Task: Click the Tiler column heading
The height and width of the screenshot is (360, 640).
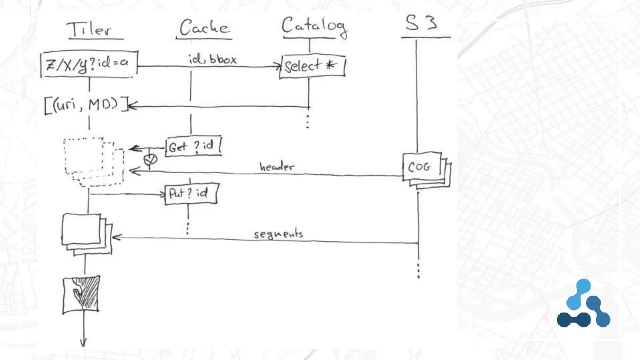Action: point(90,29)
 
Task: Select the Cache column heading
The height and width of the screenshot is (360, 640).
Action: point(204,27)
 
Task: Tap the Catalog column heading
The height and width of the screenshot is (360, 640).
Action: point(314,27)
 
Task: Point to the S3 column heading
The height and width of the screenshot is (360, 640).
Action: point(421,23)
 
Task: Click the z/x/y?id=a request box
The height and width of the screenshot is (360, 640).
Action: point(89,64)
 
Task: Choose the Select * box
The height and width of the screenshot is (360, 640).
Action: point(312,66)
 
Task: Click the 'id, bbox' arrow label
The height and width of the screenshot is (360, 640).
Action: point(212,59)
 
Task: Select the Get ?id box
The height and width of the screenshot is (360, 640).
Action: point(193,146)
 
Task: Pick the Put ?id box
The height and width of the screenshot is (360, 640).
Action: point(191,193)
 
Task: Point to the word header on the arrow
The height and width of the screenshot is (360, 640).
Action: point(277,167)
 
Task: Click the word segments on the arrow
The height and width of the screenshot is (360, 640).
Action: point(278,234)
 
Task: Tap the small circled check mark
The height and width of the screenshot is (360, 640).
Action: point(150,160)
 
